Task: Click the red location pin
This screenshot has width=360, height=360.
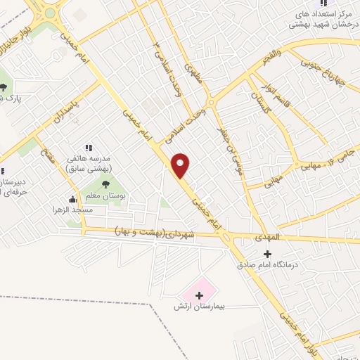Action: click(181, 165)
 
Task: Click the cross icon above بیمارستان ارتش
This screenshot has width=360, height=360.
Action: click(199, 295)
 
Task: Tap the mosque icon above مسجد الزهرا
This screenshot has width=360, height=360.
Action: click(72, 199)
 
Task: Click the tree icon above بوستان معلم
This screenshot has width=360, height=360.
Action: click(105, 184)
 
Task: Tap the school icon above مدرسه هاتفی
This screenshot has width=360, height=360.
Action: click(89, 148)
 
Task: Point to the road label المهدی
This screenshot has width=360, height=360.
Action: click(268, 237)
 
